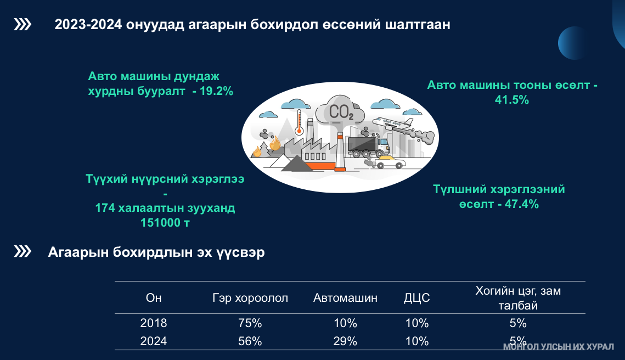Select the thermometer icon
299,122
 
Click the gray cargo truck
368,147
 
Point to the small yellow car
390,162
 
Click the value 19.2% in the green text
216,91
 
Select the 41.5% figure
512,100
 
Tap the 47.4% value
522,204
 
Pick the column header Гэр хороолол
250,298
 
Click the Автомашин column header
345,298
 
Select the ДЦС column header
417,298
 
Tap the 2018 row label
154,323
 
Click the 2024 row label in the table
154,341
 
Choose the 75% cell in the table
250,323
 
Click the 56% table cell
250,341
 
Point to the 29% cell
345,341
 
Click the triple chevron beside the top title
22,24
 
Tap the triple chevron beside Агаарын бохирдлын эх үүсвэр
22,251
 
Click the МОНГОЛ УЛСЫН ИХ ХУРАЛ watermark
559,347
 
